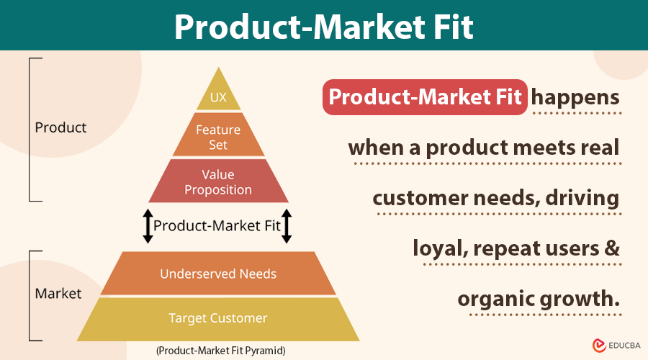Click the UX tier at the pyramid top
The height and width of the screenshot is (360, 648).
click(x=218, y=97)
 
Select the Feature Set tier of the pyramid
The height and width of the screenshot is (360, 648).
click(x=218, y=137)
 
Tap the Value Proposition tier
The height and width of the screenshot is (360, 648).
click(x=218, y=182)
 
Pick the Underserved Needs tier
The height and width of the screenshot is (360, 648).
click(x=218, y=274)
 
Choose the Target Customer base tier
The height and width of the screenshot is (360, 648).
click(x=218, y=318)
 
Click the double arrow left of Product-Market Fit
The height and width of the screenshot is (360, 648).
click(x=148, y=225)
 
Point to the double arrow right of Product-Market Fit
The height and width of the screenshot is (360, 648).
click(x=286, y=225)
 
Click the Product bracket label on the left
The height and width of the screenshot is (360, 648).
click(x=60, y=127)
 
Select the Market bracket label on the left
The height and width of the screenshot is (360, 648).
click(x=58, y=293)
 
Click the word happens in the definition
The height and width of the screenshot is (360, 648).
click(x=577, y=97)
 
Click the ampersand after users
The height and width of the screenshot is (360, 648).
click(x=611, y=248)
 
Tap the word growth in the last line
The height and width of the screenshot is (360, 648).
click(x=582, y=298)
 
